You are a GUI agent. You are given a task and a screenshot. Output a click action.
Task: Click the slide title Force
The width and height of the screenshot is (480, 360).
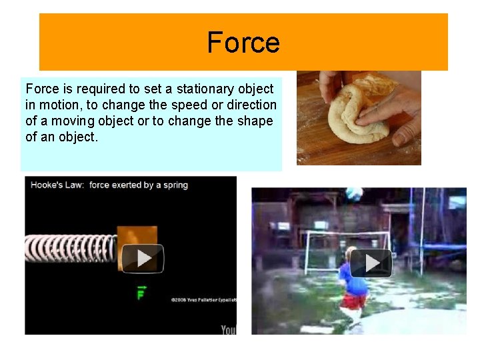[243, 42]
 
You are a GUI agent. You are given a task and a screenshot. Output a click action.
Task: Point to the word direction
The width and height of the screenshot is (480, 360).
[251, 105]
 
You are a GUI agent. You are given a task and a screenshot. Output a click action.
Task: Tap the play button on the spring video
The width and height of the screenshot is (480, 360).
[142, 258]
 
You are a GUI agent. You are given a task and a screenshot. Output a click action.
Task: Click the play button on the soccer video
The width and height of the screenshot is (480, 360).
[371, 263]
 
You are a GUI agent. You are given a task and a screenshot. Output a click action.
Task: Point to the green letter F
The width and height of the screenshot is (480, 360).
[141, 293]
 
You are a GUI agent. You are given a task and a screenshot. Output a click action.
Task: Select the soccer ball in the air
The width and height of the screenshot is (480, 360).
[354, 193]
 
